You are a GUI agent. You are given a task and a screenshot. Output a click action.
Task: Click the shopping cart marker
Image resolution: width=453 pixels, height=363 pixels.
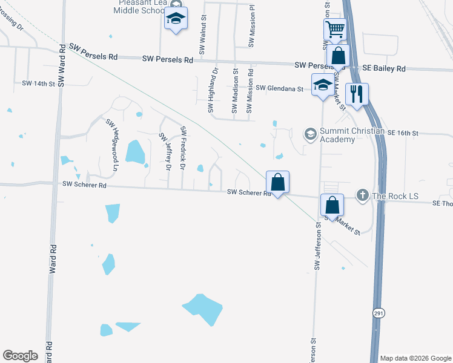tap(335, 29)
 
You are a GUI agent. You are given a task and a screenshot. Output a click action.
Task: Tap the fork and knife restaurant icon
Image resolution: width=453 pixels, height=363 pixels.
tap(356, 94)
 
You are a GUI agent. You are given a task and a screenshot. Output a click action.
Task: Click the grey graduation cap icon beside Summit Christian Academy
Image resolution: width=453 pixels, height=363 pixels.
tap(311, 133)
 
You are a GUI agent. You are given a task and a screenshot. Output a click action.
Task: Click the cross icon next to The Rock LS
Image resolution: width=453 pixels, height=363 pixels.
tap(362, 195)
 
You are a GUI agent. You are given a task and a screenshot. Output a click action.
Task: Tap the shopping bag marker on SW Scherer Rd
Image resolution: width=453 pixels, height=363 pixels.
tap(277, 181)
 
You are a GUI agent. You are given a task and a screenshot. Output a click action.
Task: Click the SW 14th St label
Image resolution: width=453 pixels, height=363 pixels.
tap(38, 83)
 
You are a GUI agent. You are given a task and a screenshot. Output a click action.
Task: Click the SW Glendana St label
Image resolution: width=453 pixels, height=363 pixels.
tap(279, 88)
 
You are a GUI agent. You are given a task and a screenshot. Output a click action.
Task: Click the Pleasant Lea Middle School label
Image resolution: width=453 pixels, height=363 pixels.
tap(141, 7)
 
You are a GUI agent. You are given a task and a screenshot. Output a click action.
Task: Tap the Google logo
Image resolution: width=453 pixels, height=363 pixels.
tap(20, 356)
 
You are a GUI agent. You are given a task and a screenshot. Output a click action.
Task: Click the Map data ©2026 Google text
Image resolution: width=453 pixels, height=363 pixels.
tap(415, 358)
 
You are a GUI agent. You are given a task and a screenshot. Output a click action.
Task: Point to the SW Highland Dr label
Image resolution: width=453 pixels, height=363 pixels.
tap(212, 91)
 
